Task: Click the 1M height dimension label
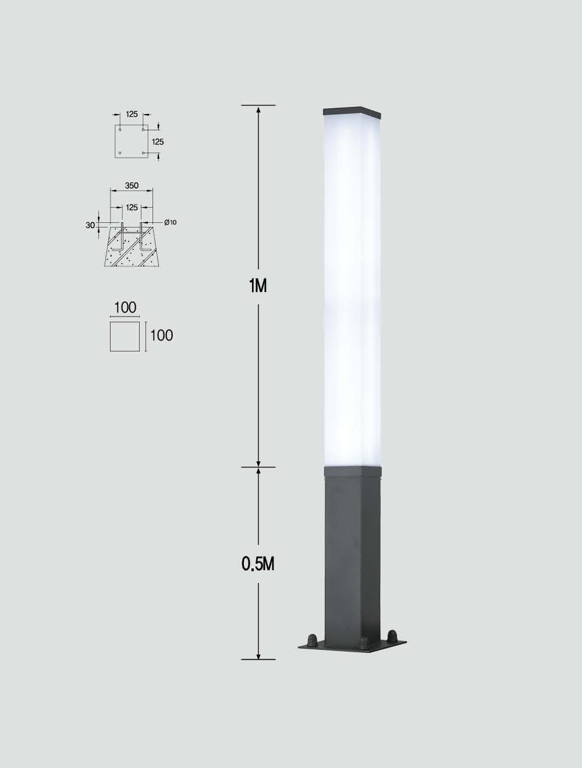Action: [x=258, y=286]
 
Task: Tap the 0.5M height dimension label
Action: [x=258, y=564]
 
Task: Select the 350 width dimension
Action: [x=132, y=186]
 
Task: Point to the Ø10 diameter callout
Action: [x=171, y=222]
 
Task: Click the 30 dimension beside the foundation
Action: [x=90, y=225]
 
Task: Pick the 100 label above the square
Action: [x=125, y=308]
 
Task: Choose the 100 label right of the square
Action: [x=161, y=336]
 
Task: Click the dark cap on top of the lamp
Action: [x=352, y=112]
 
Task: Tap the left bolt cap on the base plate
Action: [x=312, y=640]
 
